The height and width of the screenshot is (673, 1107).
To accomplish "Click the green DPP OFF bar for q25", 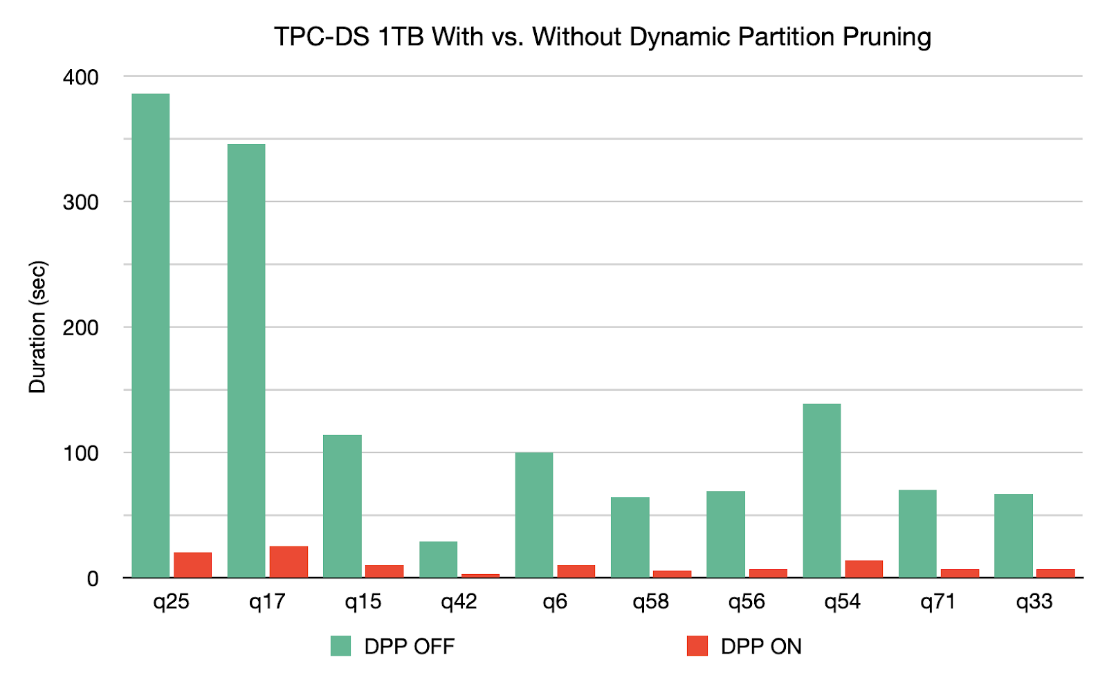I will (x=150, y=335).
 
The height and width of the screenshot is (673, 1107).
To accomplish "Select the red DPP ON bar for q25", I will (x=192, y=565).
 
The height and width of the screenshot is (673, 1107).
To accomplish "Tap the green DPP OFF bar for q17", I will (x=246, y=360).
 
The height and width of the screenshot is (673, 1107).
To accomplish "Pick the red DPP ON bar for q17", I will (x=289, y=562).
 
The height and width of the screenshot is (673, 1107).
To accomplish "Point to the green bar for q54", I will (x=821, y=490).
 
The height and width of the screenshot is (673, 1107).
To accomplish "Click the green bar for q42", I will (x=438, y=560).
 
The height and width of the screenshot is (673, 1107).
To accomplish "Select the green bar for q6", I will (x=534, y=515).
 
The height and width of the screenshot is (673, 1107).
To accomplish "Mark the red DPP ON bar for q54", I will (x=863, y=569).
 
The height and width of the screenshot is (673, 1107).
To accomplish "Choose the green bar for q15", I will (x=342, y=506).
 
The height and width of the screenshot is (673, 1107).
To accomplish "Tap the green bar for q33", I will (x=1013, y=535).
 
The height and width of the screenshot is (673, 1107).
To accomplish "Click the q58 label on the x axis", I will (x=650, y=602).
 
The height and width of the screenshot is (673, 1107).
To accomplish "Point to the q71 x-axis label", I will (x=937, y=602).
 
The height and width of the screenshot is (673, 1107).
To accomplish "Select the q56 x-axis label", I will (x=746, y=602).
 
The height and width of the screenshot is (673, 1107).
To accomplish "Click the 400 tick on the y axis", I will (x=80, y=77).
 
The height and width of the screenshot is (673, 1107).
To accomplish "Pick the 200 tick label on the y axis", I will (x=80, y=328).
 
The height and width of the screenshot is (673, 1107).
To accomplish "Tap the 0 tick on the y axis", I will (x=93, y=579).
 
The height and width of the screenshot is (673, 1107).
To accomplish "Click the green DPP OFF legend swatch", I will (x=340, y=646).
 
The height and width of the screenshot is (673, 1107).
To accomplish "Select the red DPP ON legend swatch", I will (x=697, y=646).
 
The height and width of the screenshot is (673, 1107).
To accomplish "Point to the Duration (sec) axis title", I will (x=37, y=326).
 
